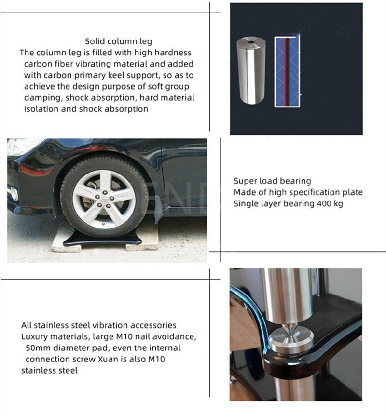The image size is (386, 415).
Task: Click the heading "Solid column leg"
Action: pos(118,41)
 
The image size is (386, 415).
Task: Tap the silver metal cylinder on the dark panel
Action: pos(251,70)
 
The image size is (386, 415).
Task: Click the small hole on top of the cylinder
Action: pos(250,42)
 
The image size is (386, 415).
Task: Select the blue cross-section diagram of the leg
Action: pos(287,72)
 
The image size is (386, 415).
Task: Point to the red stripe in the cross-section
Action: pos(286,72)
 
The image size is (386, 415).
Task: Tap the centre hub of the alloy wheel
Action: pos(104,199)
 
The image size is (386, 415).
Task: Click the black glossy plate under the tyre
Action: pos(102,240)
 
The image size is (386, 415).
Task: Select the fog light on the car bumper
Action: pos(13,193)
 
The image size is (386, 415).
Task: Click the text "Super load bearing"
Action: pos(272,181)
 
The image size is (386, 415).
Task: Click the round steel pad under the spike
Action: pos(290,340)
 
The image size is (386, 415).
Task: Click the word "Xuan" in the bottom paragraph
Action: pos(109,359)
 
